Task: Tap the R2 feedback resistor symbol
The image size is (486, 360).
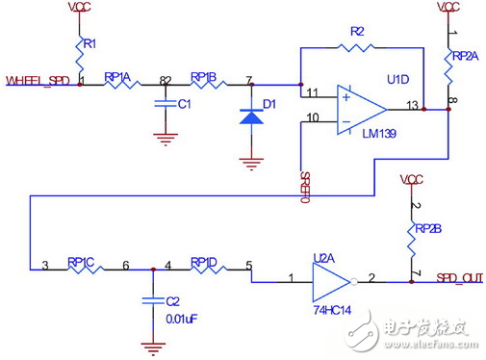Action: [357, 46]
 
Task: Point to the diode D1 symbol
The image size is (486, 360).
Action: [251, 116]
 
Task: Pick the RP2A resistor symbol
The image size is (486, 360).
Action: [448, 64]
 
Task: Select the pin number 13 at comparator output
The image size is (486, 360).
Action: [413, 103]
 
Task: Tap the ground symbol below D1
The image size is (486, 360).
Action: [251, 163]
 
